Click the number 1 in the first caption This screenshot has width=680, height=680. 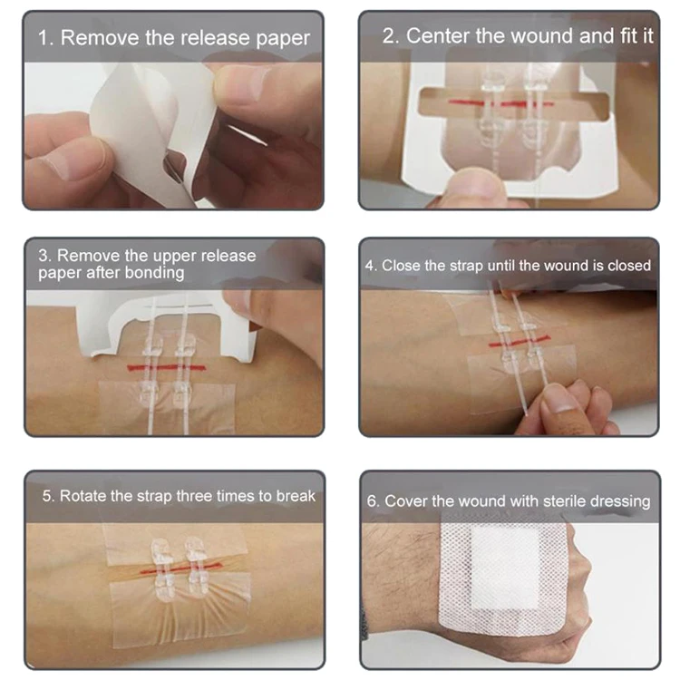(43, 38)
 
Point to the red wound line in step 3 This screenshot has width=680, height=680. (172, 367)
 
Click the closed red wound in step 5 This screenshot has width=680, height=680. (177, 569)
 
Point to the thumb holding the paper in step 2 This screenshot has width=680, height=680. (471, 186)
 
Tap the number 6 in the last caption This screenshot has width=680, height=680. (372, 501)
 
